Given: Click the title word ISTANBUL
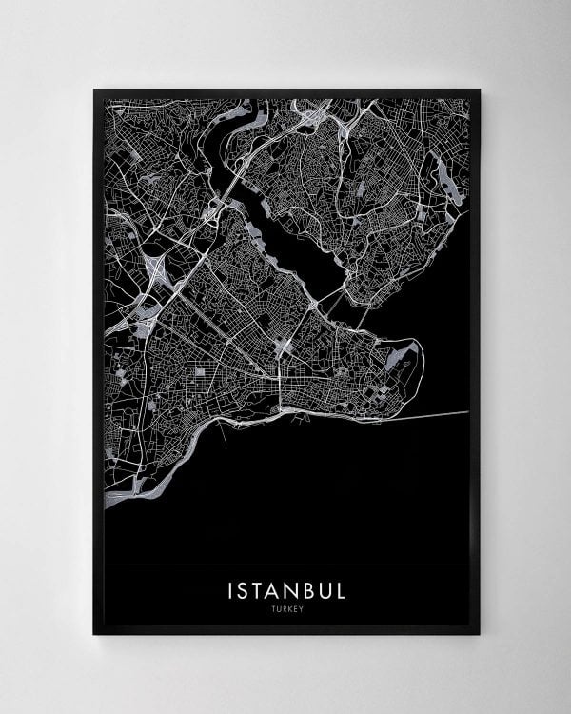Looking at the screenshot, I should (x=286, y=590).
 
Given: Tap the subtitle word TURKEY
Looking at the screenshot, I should (x=286, y=610).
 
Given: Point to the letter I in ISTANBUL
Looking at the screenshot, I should (x=230, y=590).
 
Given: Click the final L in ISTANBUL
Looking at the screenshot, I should (x=341, y=590).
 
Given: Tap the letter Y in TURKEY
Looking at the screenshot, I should (x=302, y=610).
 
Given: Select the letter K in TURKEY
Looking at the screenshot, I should (x=287, y=610).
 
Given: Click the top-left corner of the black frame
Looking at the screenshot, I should (x=94, y=90).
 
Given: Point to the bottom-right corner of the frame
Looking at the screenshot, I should (x=479, y=633).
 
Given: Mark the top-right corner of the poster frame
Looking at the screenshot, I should (x=479, y=90).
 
